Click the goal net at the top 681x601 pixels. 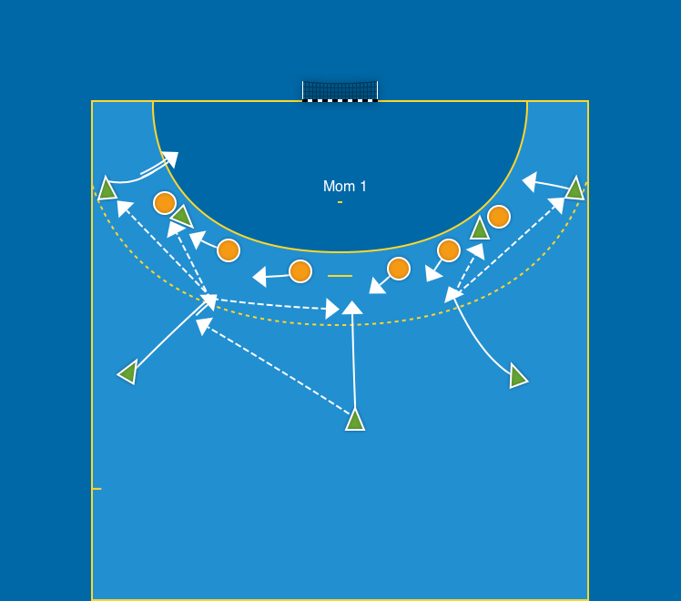(340, 90)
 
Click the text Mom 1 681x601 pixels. (345, 187)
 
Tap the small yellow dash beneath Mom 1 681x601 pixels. (340, 202)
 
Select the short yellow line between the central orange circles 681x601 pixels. (340, 275)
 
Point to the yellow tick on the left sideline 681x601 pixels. (97, 489)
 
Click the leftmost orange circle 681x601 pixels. (165, 202)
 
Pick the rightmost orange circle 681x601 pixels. (498, 217)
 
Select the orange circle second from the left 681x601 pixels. (229, 250)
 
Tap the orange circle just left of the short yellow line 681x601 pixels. (300, 271)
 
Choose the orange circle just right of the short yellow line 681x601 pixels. (399, 269)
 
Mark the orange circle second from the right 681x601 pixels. (448, 250)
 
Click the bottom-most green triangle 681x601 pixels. (355, 420)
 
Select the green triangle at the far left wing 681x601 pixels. (107, 189)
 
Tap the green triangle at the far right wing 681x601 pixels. (574, 189)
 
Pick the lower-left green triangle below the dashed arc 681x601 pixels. (128, 372)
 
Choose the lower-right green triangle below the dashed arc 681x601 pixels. (517, 375)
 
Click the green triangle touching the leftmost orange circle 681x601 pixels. (182, 217)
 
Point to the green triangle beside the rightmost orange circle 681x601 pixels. (480, 229)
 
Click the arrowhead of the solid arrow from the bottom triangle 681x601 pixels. (352, 308)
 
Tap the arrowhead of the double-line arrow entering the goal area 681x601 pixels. (170, 158)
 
